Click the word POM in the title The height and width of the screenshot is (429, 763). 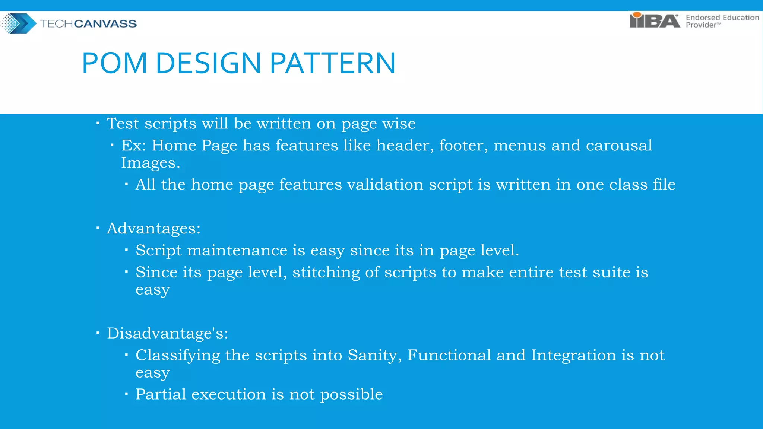(114, 63)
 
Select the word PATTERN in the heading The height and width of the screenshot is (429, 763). (332, 63)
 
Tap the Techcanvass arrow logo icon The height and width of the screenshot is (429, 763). (19, 23)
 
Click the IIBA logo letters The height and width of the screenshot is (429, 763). (655, 20)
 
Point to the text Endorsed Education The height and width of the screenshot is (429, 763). (722, 18)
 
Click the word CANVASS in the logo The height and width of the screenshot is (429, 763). (105, 24)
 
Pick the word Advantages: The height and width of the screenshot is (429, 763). (153, 228)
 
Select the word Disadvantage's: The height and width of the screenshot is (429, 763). (167, 333)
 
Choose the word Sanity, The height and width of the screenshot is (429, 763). (374, 356)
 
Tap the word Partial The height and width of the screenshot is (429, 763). (161, 394)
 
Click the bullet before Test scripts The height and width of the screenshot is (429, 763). (98, 123)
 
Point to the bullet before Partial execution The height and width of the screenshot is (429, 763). (126, 393)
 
